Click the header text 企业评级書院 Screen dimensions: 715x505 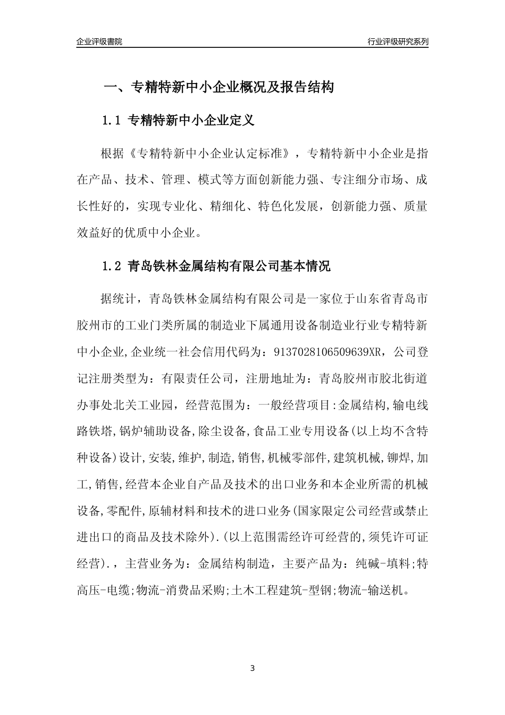[99, 41]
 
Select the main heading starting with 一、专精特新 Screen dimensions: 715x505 [218, 87]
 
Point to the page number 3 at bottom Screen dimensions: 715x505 [252, 668]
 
